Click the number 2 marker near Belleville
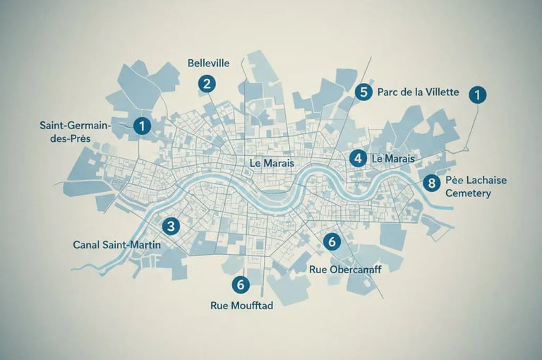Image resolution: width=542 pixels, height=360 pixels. [206, 84]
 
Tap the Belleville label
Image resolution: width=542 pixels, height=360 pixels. [209, 63]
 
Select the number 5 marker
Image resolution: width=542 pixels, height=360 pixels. [363, 92]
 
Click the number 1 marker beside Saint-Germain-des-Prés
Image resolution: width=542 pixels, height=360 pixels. [143, 126]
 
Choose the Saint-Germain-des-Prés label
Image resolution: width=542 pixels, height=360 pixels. [73, 131]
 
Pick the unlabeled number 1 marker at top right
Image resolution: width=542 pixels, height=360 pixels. [478, 95]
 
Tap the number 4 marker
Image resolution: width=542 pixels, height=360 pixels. [359, 158]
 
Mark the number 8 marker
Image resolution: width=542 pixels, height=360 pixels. [430, 183]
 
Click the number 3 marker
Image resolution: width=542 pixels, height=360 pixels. [170, 227]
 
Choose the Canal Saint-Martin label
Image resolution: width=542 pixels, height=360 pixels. [117, 245]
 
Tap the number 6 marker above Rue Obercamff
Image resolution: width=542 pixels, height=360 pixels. [332, 242]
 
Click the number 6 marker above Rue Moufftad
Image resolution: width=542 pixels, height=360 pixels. [241, 284]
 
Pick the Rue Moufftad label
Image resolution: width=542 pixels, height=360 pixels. [242, 306]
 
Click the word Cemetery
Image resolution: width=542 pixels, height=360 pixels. [469, 193]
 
